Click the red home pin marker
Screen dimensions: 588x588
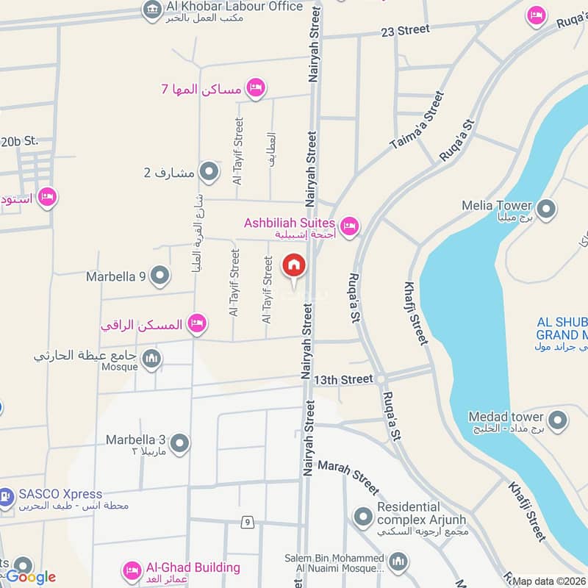(293, 265)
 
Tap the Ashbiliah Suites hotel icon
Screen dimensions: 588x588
(349, 226)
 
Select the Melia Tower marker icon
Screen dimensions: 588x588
(546, 209)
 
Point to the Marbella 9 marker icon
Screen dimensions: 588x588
(159, 276)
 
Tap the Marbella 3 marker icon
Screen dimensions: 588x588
(179, 443)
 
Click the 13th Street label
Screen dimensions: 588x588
(343, 379)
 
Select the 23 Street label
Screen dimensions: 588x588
(405, 30)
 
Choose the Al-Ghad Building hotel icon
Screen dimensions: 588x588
(132, 570)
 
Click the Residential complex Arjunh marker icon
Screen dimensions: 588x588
(362, 517)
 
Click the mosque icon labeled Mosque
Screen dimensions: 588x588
(151, 359)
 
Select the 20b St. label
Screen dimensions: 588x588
(19, 141)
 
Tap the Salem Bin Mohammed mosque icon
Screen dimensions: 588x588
(398, 564)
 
